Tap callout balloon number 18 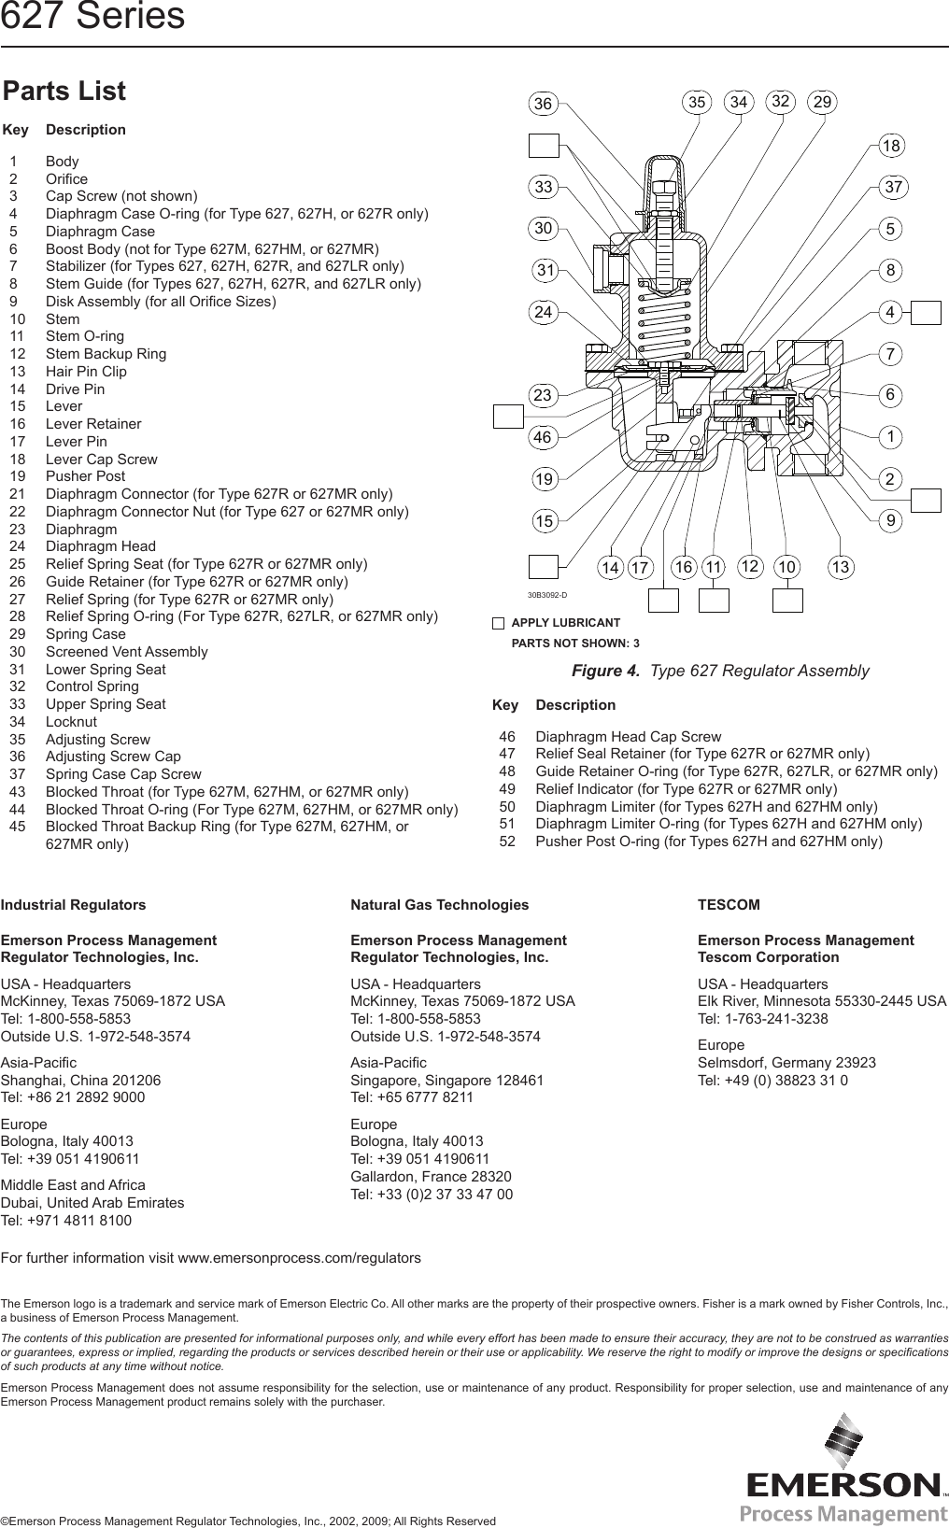click(893, 146)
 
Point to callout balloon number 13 click(843, 567)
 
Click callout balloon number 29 click(823, 102)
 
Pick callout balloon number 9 click(893, 521)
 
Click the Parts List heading click(64, 92)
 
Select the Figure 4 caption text click(720, 671)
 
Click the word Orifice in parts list click(66, 178)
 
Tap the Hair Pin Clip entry click(86, 371)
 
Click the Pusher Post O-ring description click(708, 841)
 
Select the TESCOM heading click(729, 904)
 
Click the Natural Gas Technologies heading click(439, 904)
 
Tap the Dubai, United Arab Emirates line click(92, 1202)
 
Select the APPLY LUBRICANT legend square click(499, 623)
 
